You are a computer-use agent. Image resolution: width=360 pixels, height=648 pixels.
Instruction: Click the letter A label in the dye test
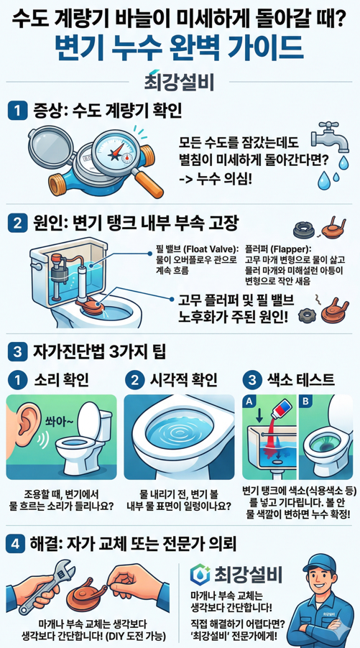tap(251, 401)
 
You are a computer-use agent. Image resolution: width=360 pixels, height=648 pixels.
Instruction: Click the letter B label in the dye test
tap(306, 401)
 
